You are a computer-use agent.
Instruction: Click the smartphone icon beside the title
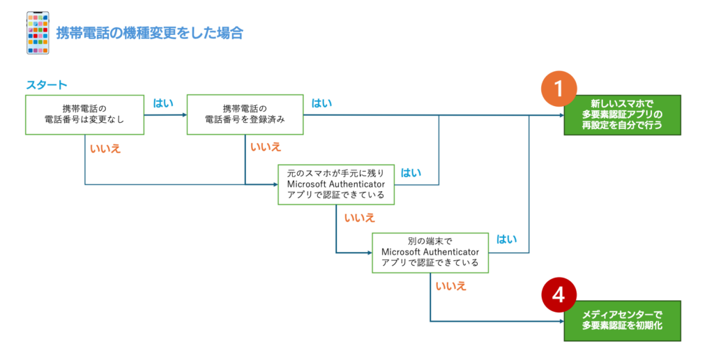click(38, 33)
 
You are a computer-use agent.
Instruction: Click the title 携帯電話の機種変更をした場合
click(149, 33)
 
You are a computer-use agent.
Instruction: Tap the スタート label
click(47, 85)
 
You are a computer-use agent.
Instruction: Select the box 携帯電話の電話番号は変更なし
click(84, 115)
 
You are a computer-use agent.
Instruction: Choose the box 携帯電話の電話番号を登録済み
click(245, 115)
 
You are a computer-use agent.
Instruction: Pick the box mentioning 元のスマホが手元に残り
click(336, 185)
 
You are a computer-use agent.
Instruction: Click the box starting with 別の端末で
click(430, 253)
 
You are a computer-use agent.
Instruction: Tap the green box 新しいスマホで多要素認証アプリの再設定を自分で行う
click(623, 115)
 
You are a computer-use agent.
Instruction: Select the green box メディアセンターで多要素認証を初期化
click(623, 320)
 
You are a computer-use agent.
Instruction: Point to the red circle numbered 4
click(559, 295)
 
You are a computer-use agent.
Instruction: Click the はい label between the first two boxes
click(163, 103)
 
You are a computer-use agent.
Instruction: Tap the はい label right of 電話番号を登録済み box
click(321, 103)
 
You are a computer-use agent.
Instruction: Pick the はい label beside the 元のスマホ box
click(411, 173)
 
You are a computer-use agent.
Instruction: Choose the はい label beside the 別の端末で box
click(506, 239)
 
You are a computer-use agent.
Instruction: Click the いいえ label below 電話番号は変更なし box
click(105, 149)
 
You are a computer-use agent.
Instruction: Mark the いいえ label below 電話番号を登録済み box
click(266, 147)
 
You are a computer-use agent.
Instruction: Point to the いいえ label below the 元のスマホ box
click(360, 218)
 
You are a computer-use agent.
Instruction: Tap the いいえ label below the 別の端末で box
click(451, 286)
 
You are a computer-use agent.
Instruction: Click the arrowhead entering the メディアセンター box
click(561, 321)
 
